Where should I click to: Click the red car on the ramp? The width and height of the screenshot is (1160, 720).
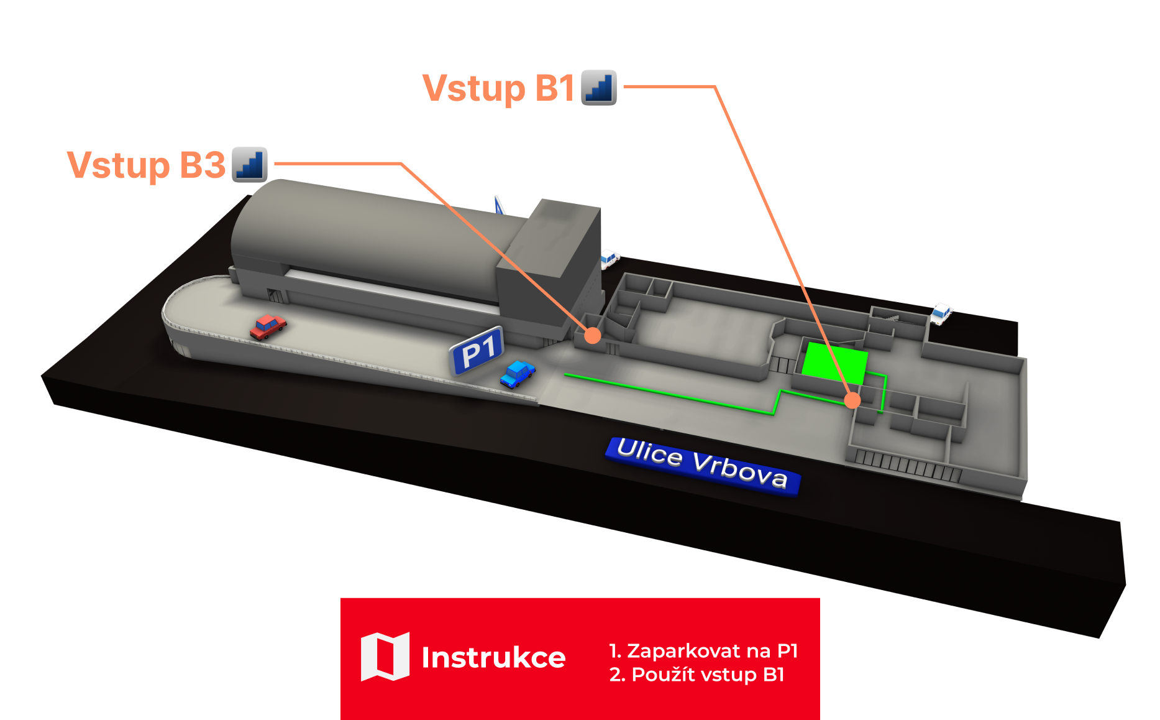click(268, 326)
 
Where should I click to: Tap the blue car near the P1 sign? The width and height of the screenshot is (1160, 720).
click(517, 374)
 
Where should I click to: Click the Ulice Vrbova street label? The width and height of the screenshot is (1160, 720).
click(703, 464)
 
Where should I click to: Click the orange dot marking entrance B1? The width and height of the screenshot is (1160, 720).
click(852, 400)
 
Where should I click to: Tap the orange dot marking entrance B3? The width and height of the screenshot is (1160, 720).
click(593, 336)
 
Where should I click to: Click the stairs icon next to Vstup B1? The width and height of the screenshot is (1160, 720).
click(599, 88)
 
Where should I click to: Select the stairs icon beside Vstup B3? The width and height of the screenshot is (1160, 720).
click(250, 165)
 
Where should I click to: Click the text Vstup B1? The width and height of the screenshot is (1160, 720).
click(498, 88)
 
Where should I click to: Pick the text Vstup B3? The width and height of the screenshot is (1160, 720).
click(146, 165)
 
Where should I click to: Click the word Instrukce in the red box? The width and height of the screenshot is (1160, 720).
click(493, 658)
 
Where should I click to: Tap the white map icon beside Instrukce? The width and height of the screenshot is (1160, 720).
click(385, 657)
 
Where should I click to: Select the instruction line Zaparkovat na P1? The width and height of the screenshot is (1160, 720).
click(703, 651)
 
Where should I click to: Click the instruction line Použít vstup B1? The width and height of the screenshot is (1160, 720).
click(697, 675)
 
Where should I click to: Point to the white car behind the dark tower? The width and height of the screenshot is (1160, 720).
click(610, 257)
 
